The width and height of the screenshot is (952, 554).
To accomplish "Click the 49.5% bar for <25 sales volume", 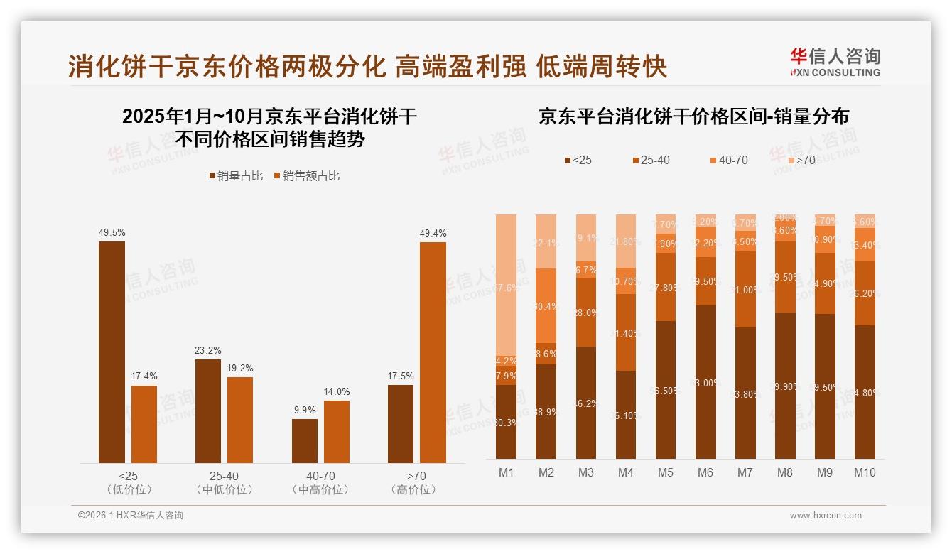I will [112, 352].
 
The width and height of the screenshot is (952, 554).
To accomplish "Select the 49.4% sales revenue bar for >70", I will [433, 352].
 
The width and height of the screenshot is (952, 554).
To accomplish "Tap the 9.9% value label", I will [304, 411].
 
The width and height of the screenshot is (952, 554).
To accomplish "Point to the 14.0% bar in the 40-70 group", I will [337, 432].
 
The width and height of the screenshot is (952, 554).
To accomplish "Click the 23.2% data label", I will [207, 351].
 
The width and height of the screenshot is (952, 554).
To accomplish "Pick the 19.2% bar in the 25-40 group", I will [240, 420].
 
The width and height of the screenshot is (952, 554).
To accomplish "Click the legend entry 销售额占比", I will [306, 176].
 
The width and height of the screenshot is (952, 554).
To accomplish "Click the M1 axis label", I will [506, 472].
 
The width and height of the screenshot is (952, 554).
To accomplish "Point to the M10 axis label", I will [864, 472].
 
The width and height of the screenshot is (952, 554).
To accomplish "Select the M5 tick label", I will [665, 472].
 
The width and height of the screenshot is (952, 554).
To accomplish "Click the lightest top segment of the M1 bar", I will [506, 284].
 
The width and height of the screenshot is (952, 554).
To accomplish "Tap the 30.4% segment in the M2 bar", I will [546, 307].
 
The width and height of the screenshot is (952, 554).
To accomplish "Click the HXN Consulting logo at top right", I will [835, 63].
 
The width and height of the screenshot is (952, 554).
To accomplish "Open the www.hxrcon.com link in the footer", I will [826, 516].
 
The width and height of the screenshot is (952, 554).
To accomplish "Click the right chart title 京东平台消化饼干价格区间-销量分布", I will [693, 116].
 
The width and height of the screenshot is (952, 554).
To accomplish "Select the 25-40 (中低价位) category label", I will [224, 483].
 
